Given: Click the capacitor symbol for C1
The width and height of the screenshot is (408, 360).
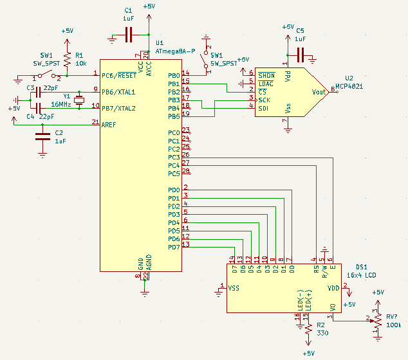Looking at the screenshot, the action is pyautogui.click(x=129, y=35).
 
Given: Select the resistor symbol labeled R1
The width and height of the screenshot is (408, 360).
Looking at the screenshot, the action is pyautogui.click(x=67, y=59).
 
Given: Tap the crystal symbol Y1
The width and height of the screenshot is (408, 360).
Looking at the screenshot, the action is pyautogui.click(x=79, y=100).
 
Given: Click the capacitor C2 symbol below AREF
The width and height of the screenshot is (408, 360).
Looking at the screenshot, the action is pyautogui.click(x=42, y=137).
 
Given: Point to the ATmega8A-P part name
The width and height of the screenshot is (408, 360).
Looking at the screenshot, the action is pyautogui.click(x=175, y=51).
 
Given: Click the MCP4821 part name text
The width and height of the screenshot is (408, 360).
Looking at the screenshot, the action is pyautogui.click(x=349, y=86).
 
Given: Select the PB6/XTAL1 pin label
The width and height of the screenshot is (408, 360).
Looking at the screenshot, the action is pyautogui.click(x=118, y=92).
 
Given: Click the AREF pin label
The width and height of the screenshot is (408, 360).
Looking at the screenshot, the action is pyautogui.click(x=109, y=125).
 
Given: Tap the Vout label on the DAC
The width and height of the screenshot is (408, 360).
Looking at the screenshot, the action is pyautogui.click(x=319, y=92).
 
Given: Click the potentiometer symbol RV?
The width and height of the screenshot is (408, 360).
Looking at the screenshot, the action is pyautogui.click(x=377, y=321).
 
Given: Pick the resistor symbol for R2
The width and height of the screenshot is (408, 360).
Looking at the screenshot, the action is pyautogui.click(x=309, y=330).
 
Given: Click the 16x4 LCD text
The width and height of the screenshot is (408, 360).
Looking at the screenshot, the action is pyautogui.click(x=362, y=275).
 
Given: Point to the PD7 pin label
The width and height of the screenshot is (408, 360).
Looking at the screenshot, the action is pyautogui.click(x=174, y=248).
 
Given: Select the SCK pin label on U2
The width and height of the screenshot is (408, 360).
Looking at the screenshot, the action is pyautogui.click(x=264, y=100).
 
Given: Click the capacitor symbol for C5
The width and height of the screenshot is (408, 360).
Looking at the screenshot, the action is pyautogui.click(x=301, y=55).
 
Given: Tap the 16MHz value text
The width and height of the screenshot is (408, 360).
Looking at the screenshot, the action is pyautogui.click(x=61, y=105).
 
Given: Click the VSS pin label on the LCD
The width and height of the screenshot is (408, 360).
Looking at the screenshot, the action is pyautogui.click(x=234, y=288).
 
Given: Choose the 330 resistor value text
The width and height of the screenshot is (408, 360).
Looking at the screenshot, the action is pyautogui.click(x=322, y=333).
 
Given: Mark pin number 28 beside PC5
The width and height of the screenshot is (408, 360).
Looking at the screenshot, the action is pyautogui.click(x=185, y=170).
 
